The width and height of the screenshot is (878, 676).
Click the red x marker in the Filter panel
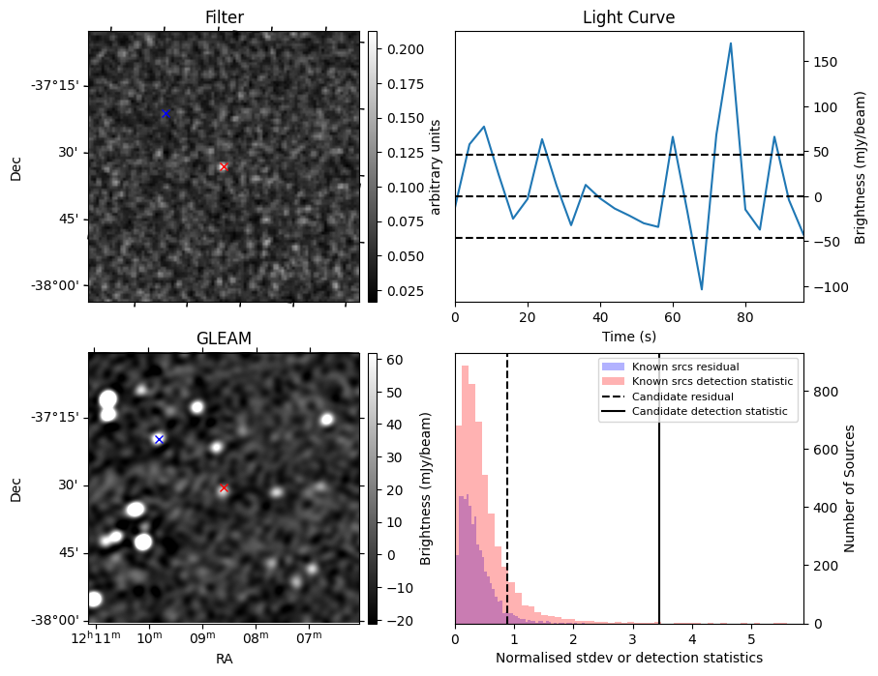click(x=224, y=167)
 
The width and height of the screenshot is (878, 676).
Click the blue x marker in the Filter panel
click(x=166, y=114)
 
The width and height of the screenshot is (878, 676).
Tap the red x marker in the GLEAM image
click(x=224, y=488)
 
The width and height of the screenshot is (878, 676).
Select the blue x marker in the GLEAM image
click(x=159, y=439)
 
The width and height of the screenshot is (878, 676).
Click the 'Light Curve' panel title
click(x=628, y=17)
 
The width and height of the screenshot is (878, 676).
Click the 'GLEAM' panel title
click(x=224, y=338)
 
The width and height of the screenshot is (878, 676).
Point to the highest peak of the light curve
click(x=730, y=44)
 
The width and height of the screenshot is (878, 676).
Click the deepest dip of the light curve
click(x=702, y=289)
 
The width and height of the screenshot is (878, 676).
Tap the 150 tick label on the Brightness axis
click(x=823, y=62)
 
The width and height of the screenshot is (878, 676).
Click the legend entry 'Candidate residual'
click(x=681, y=397)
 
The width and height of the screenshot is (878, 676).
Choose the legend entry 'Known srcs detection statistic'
click(x=711, y=381)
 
